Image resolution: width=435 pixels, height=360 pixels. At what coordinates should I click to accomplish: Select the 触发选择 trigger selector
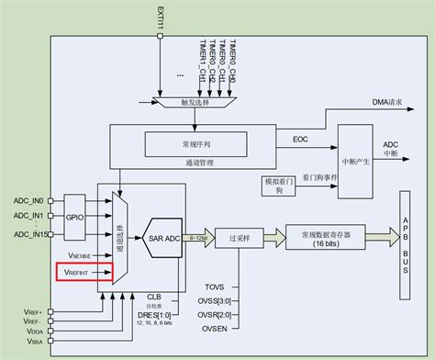(x=198, y=104)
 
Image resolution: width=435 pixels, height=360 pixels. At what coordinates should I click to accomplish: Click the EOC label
(x=299, y=140)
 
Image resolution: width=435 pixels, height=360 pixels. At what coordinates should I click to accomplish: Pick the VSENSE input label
(x=77, y=256)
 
